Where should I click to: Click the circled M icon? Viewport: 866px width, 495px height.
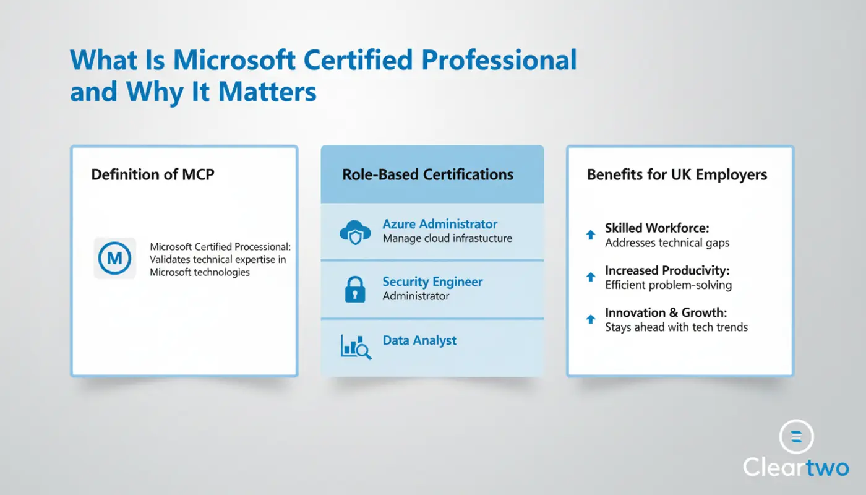coord(114,258)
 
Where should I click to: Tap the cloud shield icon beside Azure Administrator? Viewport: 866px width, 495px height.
coord(355,232)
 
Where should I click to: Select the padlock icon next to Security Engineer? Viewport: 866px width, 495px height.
coord(355,290)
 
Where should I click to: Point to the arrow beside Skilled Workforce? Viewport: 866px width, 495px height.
coord(590,235)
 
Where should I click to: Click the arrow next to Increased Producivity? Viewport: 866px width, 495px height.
coord(590,277)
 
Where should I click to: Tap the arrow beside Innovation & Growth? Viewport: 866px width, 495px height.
coord(590,319)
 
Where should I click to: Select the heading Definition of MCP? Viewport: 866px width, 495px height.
coord(153,174)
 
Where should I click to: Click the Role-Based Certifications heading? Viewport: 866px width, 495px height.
coord(428,174)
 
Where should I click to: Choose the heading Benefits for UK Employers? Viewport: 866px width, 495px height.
coord(677,174)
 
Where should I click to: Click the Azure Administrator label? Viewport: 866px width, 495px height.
coord(440,224)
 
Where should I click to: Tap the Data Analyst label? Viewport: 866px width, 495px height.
coord(419,340)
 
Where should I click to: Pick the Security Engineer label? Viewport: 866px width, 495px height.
coord(432,282)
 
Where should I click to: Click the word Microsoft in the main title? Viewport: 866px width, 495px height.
coord(234,60)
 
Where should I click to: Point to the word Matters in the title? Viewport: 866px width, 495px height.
coord(267,92)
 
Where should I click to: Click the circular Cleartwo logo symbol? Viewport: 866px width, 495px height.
coord(797,437)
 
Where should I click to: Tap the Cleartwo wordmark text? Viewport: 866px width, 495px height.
coord(795,467)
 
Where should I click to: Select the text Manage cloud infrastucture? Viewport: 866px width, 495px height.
coord(447,238)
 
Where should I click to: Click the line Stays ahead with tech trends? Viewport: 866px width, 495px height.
coord(676,327)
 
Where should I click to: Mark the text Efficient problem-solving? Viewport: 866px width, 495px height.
coord(669,285)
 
